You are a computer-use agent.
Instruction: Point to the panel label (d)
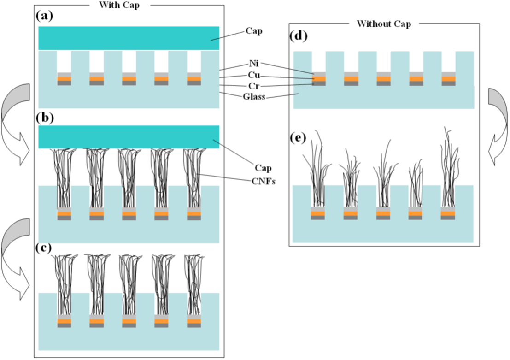[298, 36]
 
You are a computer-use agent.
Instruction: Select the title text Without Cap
[383, 24]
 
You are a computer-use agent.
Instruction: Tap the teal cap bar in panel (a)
[129, 38]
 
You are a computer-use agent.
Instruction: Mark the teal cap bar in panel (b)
[129, 137]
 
